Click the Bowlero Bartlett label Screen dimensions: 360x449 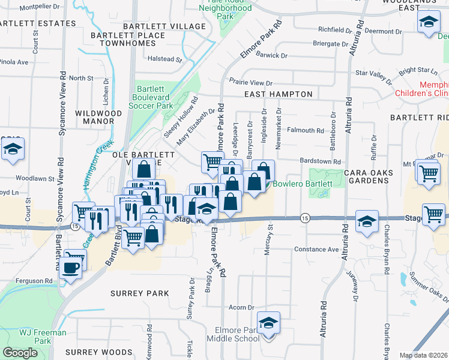tap(303, 184)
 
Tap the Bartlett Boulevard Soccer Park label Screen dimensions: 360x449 tap(153, 97)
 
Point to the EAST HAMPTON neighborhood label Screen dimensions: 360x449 tap(279, 94)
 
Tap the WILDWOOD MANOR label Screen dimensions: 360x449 tap(95, 117)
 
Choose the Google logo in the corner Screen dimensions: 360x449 tap(20, 353)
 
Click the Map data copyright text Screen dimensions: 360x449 tap(424, 355)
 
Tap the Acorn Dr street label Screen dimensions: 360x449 tap(242, 307)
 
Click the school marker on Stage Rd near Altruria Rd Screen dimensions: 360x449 tap(366, 221)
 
